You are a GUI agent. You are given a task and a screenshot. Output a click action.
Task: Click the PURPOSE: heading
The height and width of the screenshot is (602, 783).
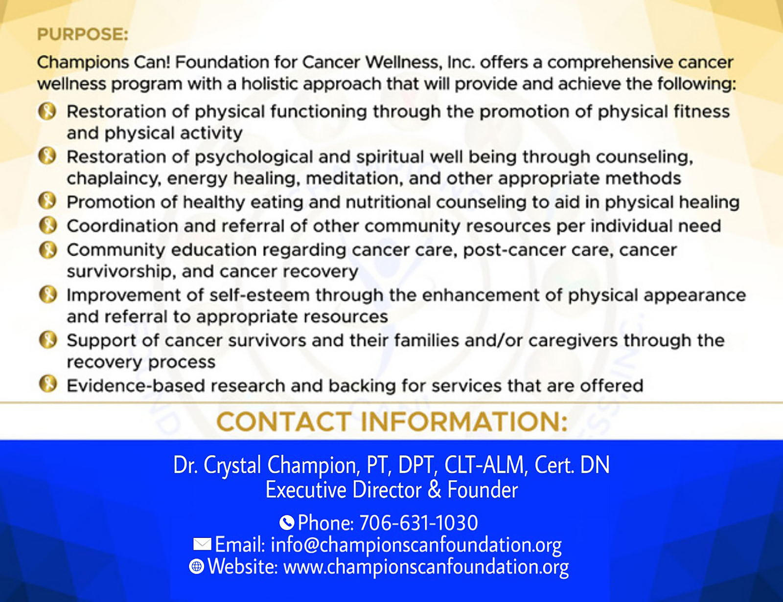click(x=83, y=35)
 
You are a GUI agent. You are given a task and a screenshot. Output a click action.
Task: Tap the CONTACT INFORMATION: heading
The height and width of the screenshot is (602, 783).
click(x=392, y=422)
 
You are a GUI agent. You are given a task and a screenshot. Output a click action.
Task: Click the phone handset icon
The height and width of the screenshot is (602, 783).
click(x=287, y=522)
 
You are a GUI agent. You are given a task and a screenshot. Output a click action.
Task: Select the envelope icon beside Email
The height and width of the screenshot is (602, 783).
click(x=202, y=544)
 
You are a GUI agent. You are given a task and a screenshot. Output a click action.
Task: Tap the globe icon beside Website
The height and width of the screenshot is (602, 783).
click(x=196, y=566)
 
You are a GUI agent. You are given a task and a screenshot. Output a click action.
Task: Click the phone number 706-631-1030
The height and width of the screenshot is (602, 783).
click(x=419, y=523)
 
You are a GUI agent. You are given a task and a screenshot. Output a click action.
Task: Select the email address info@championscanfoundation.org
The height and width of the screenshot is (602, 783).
click(x=416, y=545)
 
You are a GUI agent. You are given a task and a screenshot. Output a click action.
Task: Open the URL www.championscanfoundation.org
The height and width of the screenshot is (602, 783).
click(x=426, y=567)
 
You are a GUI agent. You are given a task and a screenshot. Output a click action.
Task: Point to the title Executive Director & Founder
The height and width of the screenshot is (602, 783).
click(x=391, y=490)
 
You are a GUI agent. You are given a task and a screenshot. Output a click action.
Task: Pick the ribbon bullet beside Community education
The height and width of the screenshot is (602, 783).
click(x=48, y=250)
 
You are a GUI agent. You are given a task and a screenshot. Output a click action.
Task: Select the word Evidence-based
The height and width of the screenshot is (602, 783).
click(x=136, y=386)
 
